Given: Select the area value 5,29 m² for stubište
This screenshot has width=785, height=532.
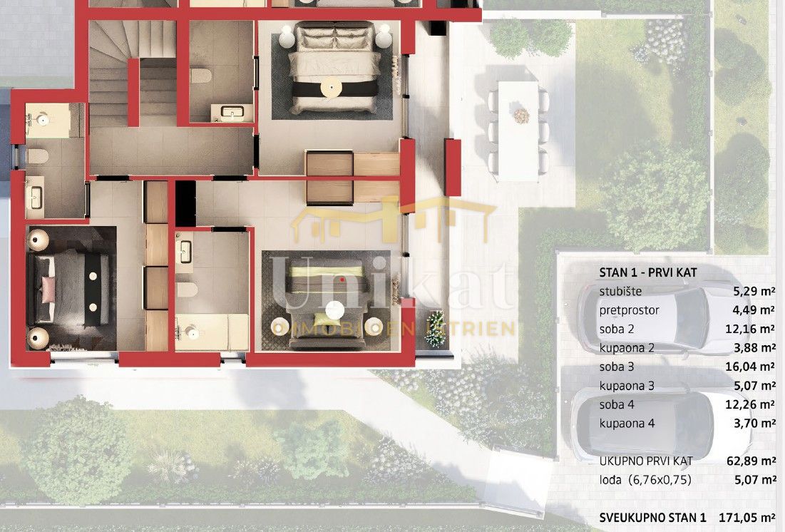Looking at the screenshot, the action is click(754, 291).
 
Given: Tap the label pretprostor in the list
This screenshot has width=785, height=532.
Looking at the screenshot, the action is click(630, 311).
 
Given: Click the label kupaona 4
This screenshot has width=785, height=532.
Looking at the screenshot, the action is click(627, 424).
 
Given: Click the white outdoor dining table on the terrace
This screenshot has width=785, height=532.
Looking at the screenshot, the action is click(518, 131).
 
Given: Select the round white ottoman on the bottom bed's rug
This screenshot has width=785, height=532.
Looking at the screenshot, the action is click(335, 310).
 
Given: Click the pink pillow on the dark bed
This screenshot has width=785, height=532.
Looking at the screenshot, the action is click(48, 290).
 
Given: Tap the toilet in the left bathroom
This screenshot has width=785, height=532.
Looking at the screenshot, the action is click(37, 156).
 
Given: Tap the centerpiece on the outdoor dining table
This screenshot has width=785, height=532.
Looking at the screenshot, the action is click(521, 116).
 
